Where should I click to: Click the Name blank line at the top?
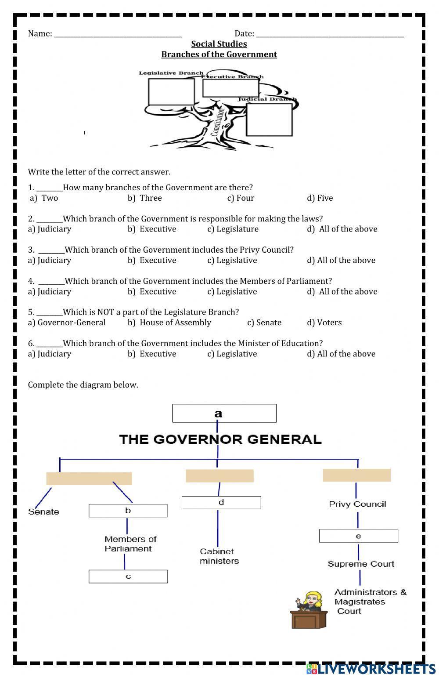click(x=118, y=34)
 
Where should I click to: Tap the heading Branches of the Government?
click(x=219, y=54)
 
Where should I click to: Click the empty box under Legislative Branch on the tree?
click(x=171, y=92)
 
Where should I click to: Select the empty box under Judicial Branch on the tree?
click(x=269, y=120)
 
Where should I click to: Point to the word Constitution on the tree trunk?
click(x=218, y=121)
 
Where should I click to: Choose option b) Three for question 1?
click(x=145, y=198)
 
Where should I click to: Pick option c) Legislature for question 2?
click(x=233, y=229)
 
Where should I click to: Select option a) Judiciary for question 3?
click(x=49, y=260)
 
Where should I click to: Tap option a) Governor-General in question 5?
click(x=67, y=323)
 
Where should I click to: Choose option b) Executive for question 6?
click(x=152, y=354)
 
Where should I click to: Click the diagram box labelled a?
click(x=224, y=413)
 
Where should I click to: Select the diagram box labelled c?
click(x=128, y=576)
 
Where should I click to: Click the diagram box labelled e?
click(x=358, y=536)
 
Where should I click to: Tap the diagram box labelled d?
click(x=221, y=503)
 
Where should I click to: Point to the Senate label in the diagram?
click(x=43, y=511)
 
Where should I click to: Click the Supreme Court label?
click(x=361, y=564)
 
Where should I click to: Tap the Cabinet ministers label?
click(x=219, y=556)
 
